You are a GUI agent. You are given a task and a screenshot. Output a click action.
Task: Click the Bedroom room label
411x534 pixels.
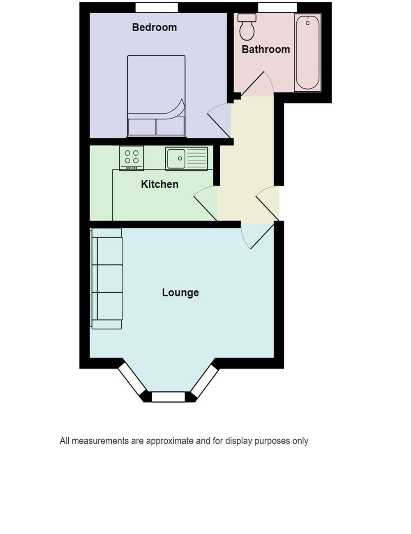point(154,28)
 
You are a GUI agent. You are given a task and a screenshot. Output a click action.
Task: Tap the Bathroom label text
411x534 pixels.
point(266,49)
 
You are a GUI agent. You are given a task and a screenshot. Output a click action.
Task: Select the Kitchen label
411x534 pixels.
point(159,184)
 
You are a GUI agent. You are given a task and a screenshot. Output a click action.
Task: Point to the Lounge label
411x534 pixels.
point(180,293)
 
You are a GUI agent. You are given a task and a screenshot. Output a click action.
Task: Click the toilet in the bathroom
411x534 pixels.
point(247,27)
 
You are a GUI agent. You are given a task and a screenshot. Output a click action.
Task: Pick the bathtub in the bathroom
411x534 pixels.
point(307,52)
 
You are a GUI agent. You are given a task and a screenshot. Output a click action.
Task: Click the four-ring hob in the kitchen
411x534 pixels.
point(132,158)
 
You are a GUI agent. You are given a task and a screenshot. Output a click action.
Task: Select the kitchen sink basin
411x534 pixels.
point(176,158)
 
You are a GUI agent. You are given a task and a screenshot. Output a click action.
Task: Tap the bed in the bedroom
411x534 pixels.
point(156,96)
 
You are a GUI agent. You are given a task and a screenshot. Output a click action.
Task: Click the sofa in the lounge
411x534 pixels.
point(107,279)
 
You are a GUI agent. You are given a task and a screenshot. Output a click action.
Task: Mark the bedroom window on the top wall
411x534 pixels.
point(157,7)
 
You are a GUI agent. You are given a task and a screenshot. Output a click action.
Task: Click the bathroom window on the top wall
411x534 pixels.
point(277,7)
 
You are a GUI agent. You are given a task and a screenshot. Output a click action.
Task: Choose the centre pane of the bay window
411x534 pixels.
point(169,397)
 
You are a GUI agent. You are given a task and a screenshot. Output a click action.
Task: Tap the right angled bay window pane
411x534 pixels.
point(205,381)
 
